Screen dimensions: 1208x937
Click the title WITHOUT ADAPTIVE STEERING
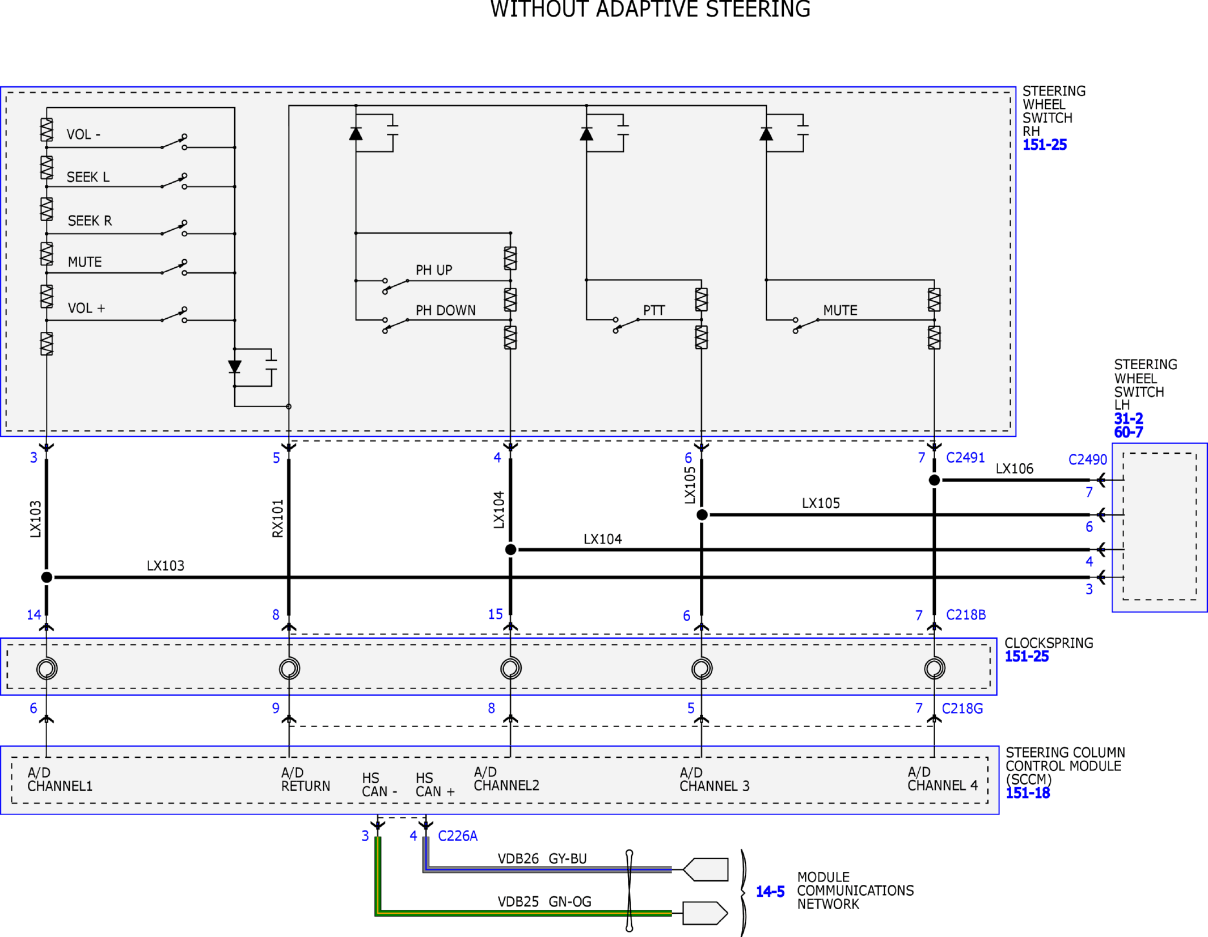(650, 9)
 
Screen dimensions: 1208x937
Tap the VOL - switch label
(83, 134)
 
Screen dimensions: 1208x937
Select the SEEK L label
(88, 177)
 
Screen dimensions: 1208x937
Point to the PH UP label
(434, 270)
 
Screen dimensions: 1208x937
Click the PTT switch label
(654, 310)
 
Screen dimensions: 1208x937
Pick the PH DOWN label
(445, 310)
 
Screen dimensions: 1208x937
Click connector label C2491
(965, 457)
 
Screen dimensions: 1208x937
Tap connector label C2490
(1087, 459)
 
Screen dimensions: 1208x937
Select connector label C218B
(966, 615)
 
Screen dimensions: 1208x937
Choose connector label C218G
(962, 708)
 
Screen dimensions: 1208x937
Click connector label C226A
(458, 836)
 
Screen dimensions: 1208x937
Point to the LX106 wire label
(1015, 468)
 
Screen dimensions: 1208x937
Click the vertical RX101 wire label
(277, 518)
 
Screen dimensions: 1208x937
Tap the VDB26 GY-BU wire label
(542, 859)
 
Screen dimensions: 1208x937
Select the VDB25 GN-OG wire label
(544, 902)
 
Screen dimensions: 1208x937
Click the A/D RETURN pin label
(305, 779)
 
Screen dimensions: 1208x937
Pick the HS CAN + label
(435, 785)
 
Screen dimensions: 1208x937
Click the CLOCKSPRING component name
(1049, 643)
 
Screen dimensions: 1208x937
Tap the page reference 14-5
(770, 892)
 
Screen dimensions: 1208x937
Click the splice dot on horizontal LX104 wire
(510, 549)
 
